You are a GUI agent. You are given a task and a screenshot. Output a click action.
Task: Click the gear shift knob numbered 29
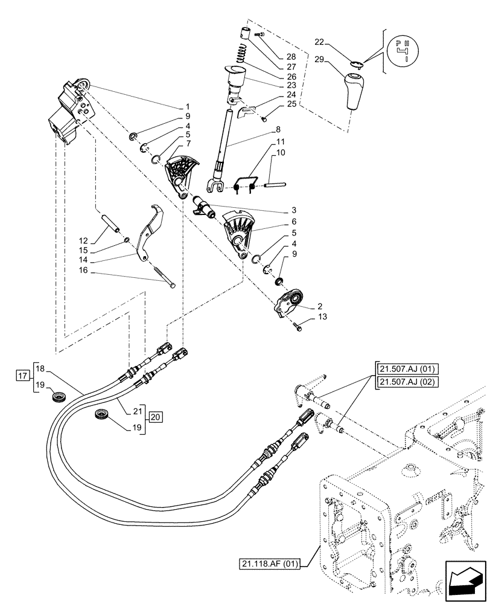tap(356, 91)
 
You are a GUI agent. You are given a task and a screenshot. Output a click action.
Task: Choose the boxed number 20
tap(155, 416)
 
